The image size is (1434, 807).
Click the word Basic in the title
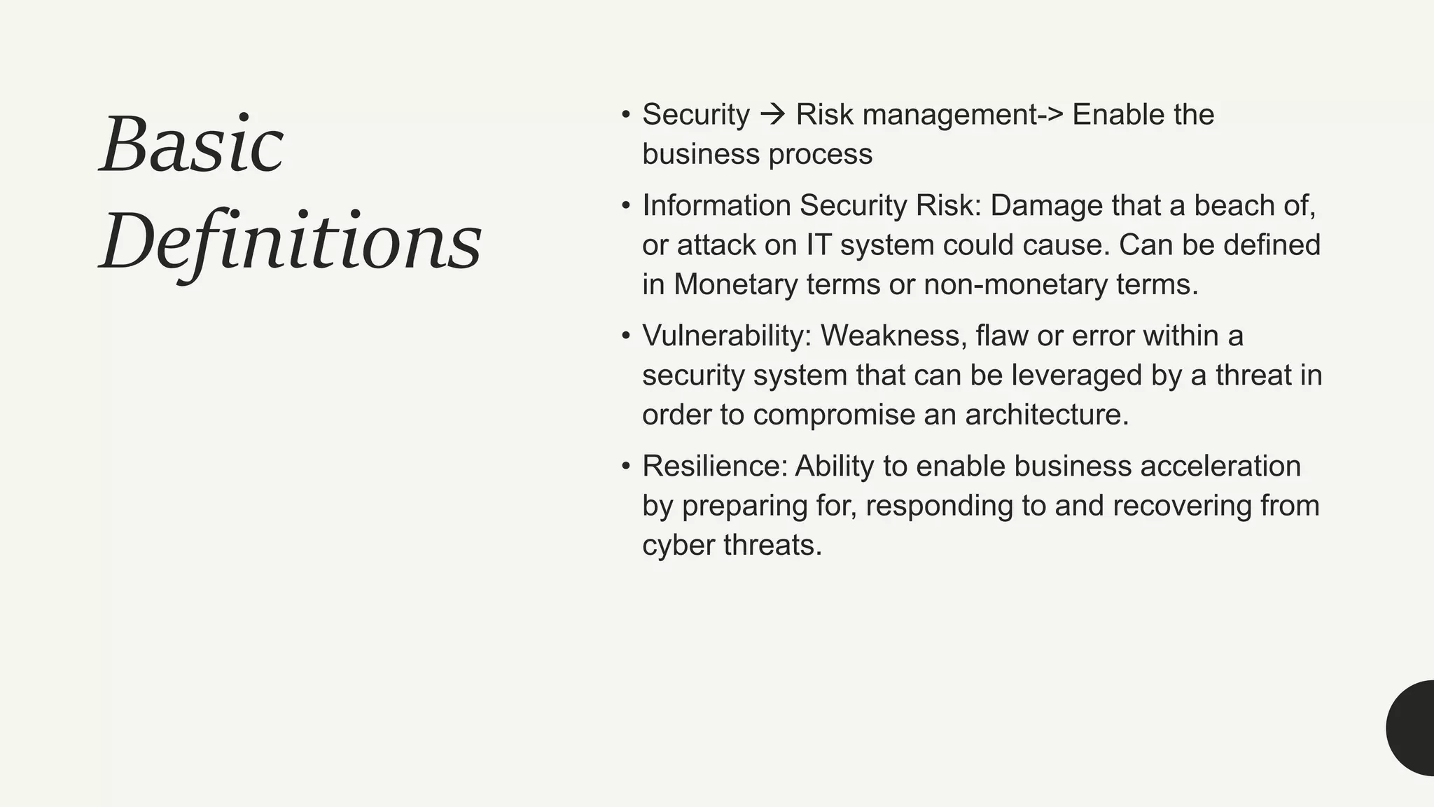192,146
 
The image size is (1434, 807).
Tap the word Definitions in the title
291,242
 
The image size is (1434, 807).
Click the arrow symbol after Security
772,114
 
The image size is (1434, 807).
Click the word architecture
1046,415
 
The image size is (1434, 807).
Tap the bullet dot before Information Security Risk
626,206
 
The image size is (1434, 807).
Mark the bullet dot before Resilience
626,467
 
